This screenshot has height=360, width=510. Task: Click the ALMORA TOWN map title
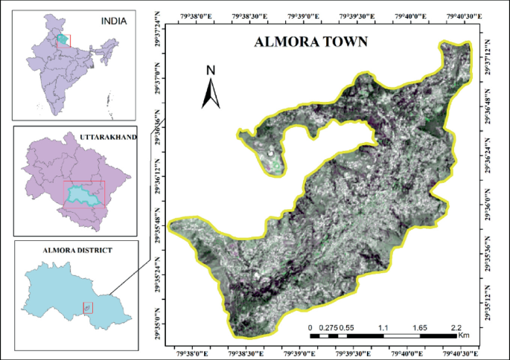(x=311, y=42)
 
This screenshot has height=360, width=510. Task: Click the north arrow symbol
(x=211, y=93)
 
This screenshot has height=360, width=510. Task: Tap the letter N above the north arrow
(x=211, y=71)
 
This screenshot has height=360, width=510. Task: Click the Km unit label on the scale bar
(x=465, y=336)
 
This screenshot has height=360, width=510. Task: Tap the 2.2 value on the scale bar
(x=456, y=327)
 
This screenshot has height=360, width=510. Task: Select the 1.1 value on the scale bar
(x=384, y=327)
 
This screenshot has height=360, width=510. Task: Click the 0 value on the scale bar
(x=310, y=327)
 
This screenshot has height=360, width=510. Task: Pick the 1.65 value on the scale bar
(x=419, y=327)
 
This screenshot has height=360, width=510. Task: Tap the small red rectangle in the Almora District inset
(x=88, y=307)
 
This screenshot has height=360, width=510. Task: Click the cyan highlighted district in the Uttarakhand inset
(x=83, y=195)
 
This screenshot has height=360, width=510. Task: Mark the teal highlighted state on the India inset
(x=64, y=39)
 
